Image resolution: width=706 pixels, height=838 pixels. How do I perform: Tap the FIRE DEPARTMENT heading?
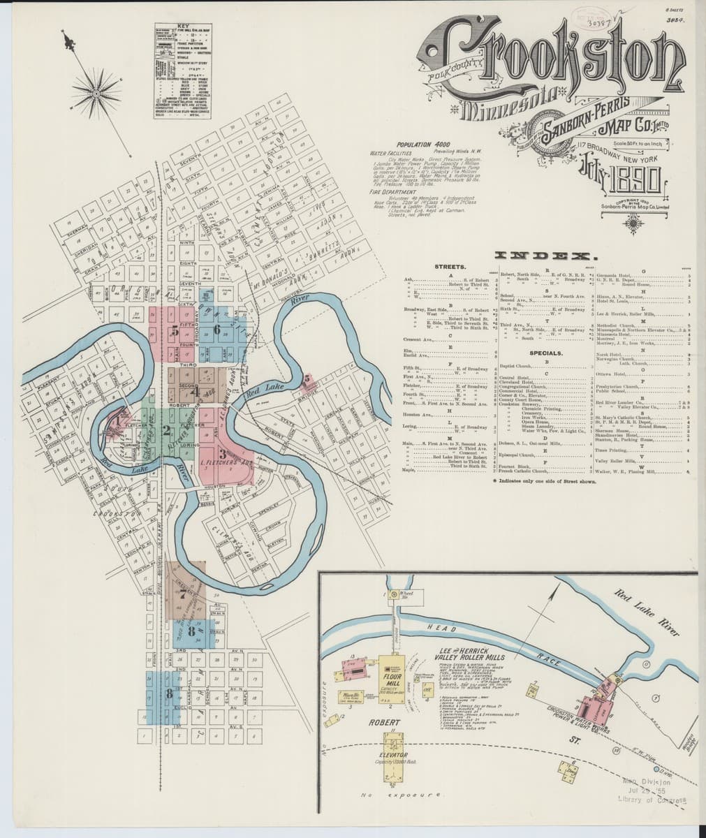(399, 191)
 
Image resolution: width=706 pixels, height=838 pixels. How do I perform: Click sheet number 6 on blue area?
(219, 328)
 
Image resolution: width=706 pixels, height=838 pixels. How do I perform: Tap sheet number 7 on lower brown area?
(182, 596)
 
